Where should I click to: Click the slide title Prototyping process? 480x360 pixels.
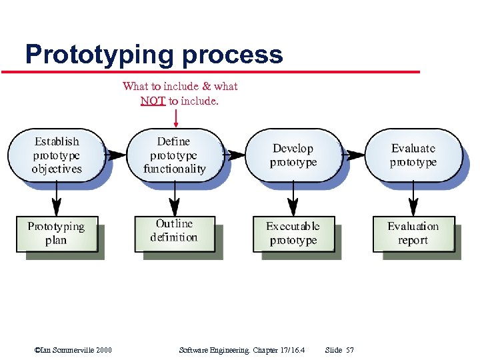pos(154,54)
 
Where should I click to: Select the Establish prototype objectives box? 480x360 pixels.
pos(57,155)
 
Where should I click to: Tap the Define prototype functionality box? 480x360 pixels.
pos(174,155)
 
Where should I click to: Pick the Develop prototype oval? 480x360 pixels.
pos(293,155)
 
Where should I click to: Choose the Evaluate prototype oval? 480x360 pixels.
pos(413,155)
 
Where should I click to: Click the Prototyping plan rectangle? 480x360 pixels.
pos(57,233)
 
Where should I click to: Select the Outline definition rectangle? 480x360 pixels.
pos(174,231)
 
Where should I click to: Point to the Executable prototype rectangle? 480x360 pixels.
pos(293,233)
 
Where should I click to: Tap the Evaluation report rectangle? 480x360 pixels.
pos(413,233)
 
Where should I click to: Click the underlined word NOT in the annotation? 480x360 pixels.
pos(153,101)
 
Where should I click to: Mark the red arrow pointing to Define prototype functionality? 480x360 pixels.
pos(175,118)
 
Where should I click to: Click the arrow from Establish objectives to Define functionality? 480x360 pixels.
pos(116,155)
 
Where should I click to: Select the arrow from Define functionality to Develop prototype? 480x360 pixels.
pos(235,155)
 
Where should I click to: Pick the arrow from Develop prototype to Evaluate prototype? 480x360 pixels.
pos(354,155)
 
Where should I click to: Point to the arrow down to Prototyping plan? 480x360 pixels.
pos(57,198)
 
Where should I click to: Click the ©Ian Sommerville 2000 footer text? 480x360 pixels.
pos(73,350)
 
